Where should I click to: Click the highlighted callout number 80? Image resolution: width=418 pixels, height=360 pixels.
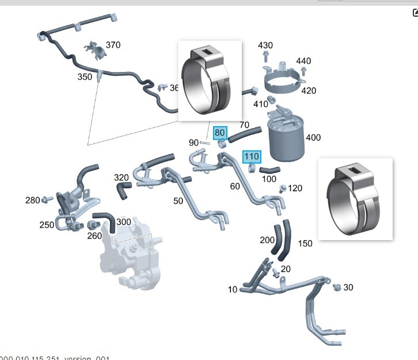pos(220,133)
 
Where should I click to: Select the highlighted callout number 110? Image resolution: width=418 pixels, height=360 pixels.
pos(252,157)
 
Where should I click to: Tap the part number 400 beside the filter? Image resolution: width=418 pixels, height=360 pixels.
pos(313,138)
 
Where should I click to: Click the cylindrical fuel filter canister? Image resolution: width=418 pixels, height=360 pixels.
pos(285,138)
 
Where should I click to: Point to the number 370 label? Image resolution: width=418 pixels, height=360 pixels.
pos(113,45)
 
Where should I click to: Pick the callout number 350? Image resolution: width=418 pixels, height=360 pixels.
pos(85,77)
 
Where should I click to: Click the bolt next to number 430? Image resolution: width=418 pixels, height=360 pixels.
pos(265,56)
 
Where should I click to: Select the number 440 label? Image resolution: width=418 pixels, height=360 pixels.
pos(303,61)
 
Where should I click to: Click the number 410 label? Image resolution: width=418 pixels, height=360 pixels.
pos(261,104)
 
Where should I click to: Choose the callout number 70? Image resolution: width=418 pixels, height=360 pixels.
pos(244,125)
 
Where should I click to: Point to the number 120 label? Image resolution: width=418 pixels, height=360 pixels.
pos(295,188)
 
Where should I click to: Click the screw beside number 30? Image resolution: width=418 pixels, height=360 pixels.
pos(337,286)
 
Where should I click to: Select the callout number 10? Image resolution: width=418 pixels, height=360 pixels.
pos(232,290)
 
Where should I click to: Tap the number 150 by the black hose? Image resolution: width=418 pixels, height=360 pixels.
pos(305,244)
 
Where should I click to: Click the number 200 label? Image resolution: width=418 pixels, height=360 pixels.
pos(267,240)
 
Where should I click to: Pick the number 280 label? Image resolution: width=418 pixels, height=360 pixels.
pos(32,200)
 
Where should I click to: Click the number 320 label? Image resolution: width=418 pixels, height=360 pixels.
pos(121,177)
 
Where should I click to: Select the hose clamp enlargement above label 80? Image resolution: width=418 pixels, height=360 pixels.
pos(209,81)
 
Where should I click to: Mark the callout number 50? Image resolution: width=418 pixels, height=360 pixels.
pos(178,200)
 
